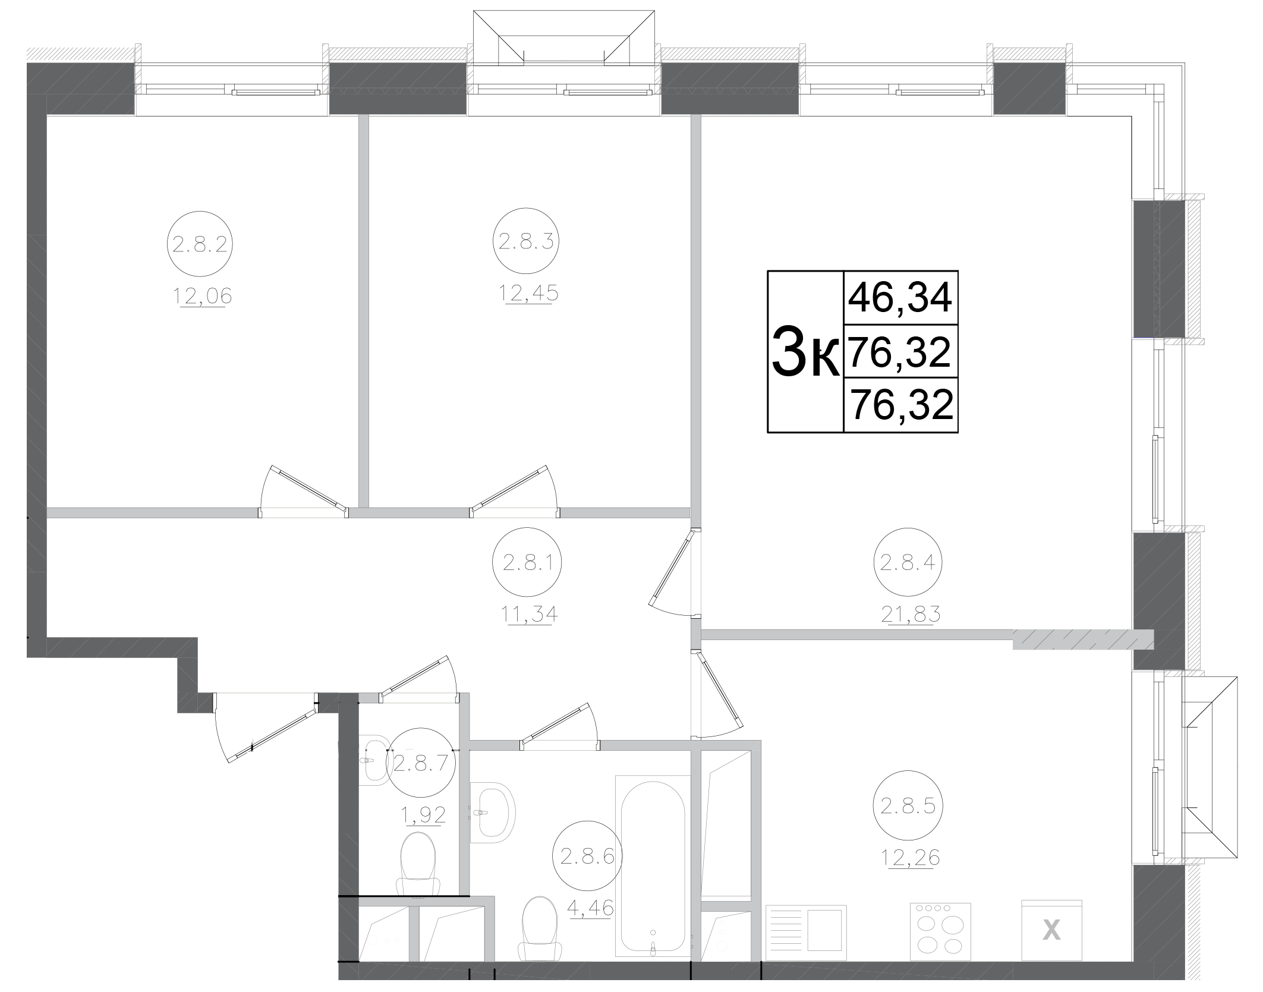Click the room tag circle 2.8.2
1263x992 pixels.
point(199,243)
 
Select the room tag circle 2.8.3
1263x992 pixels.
point(525,241)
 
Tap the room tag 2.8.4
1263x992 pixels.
point(907,562)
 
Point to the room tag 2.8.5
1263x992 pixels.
point(907,806)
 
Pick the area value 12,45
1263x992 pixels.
point(528,293)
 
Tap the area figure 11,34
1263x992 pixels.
point(529,613)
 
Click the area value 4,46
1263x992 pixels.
point(590,908)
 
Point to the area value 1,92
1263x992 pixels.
point(423,815)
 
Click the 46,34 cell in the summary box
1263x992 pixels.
point(900,298)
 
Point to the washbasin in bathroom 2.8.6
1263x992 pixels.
point(493,812)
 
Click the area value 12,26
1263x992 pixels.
point(909,858)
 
